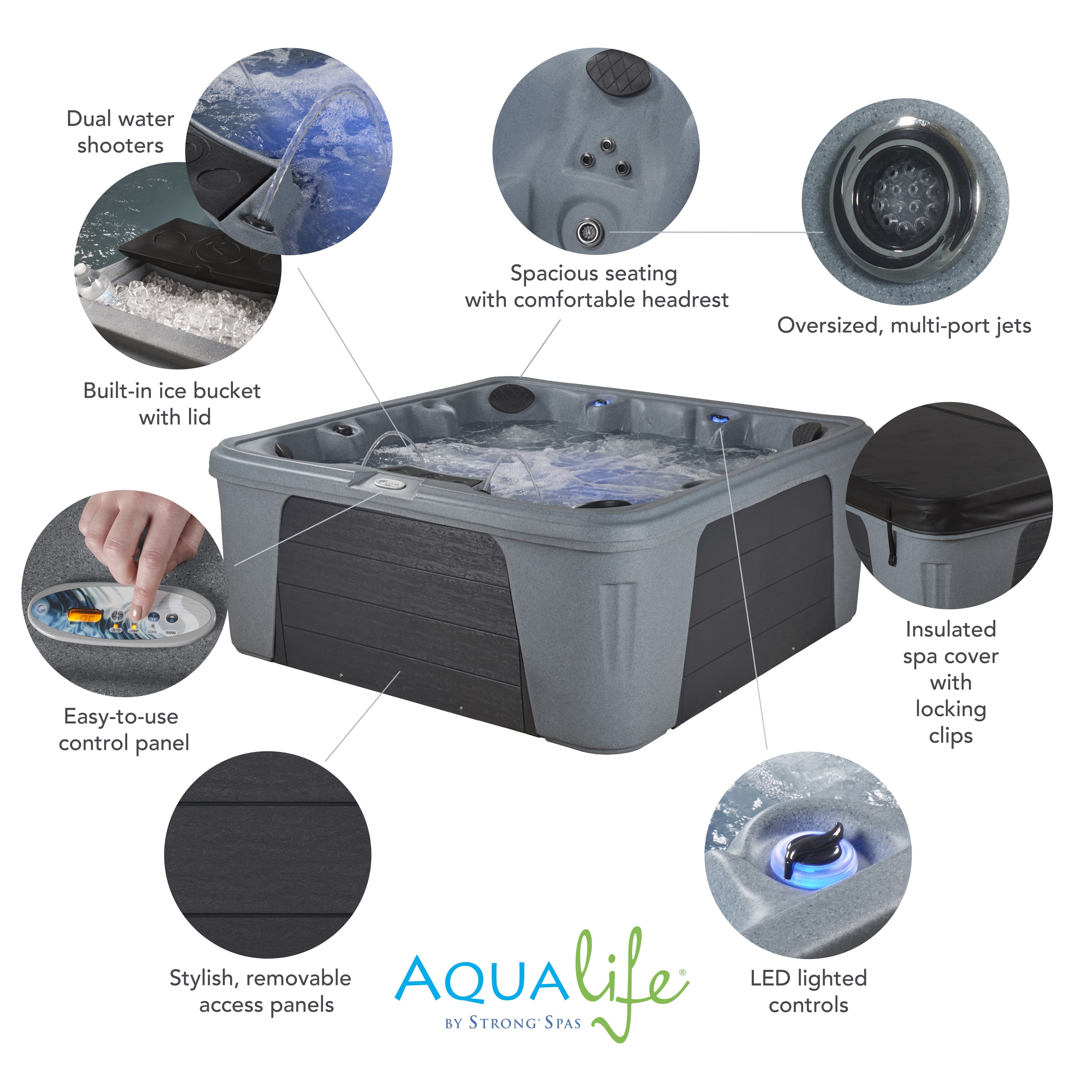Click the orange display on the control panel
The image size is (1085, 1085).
coord(84,617)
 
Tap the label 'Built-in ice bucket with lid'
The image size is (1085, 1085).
coord(173,404)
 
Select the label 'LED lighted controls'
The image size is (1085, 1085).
coord(809,991)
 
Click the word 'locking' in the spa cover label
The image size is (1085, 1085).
coord(951,709)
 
